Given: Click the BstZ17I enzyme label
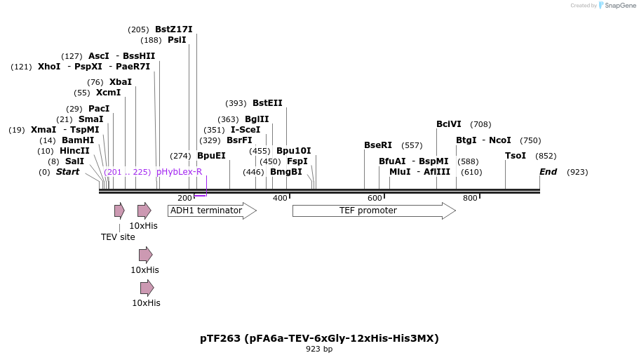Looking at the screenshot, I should (x=173, y=29).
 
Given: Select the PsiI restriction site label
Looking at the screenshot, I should (x=177, y=40).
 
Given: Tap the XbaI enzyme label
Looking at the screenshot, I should (x=120, y=82).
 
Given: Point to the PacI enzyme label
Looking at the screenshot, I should (x=99, y=109).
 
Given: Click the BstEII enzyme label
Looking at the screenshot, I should (x=267, y=103).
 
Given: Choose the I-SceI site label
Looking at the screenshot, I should (x=245, y=130).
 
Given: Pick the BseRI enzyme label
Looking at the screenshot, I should (x=378, y=145).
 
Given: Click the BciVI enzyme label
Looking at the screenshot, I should (x=449, y=124).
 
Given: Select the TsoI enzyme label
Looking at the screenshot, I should (x=516, y=156).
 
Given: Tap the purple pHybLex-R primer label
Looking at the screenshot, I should (x=179, y=172).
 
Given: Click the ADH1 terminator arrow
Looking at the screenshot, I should (x=211, y=211).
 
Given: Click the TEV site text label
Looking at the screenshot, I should (x=118, y=237).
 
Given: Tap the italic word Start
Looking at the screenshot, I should (x=67, y=172).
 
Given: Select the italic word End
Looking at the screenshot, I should (x=548, y=172).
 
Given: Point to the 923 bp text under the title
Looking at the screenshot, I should (x=319, y=349).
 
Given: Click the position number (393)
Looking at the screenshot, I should (x=236, y=103).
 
